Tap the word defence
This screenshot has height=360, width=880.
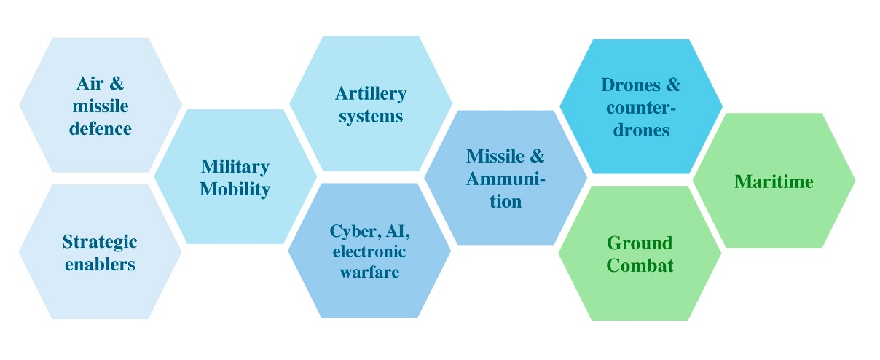pyautogui.click(x=101, y=129)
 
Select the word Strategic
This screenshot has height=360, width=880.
pyautogui.click(x=100, y=241)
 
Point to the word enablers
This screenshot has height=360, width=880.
pyautogui.click(x=100, y=264)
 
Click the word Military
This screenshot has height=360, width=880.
pyautogui.click(x=235, y=167)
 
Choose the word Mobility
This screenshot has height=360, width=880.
pyautogui.click(x=235, y=189)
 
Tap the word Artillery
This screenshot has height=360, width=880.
pyautogui.click(x=371, y=93)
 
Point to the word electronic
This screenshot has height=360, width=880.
pyautogui.click(x=369, y=251)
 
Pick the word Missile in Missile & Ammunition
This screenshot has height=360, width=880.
pyautogui.click(x=495, y=156)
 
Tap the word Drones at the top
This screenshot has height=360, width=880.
pyautogui.click(x=629, y=85)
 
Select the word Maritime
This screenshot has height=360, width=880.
pyautogui.click(x=774, y=181)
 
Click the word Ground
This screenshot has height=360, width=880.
pyautogui.click(x=640, y=243)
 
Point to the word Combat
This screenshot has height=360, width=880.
pyautogui.click(x=640, y=265)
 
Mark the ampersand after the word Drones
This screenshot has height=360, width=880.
pyautogui.click(x=671, y=85)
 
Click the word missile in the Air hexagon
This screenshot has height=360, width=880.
pyautogui.click(x=101, y=106)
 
